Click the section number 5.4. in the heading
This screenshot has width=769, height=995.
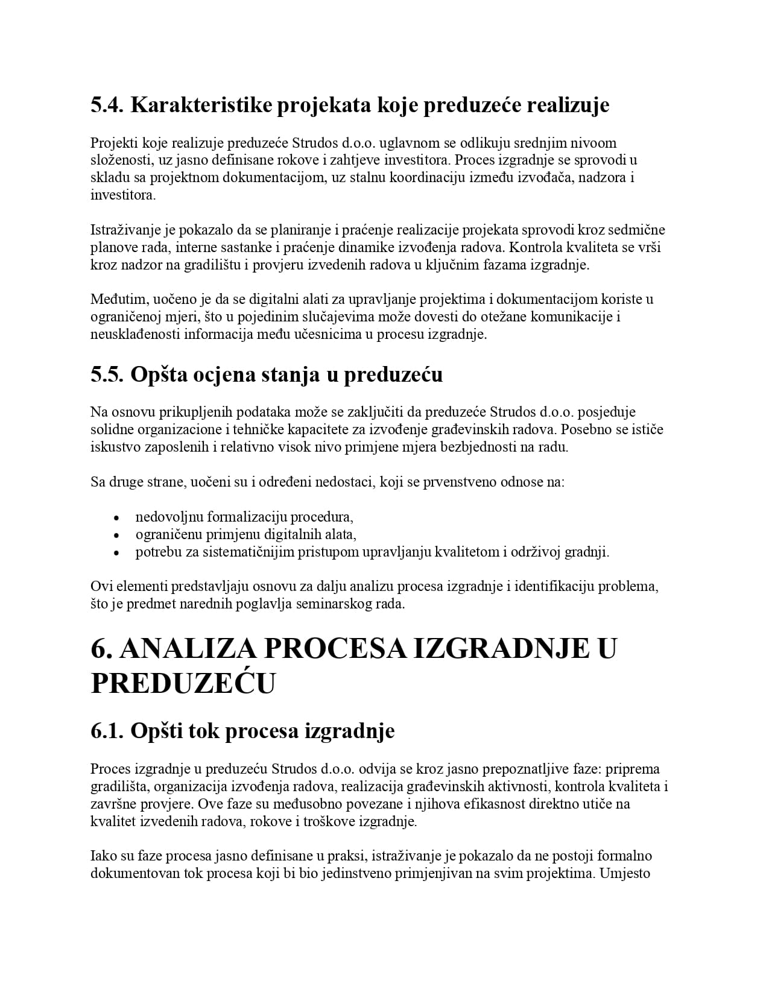[107, 106]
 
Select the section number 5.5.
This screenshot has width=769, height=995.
[107, 374]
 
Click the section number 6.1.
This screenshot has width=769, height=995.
[107, 731]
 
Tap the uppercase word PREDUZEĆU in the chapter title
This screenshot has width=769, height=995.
[183, 684]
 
